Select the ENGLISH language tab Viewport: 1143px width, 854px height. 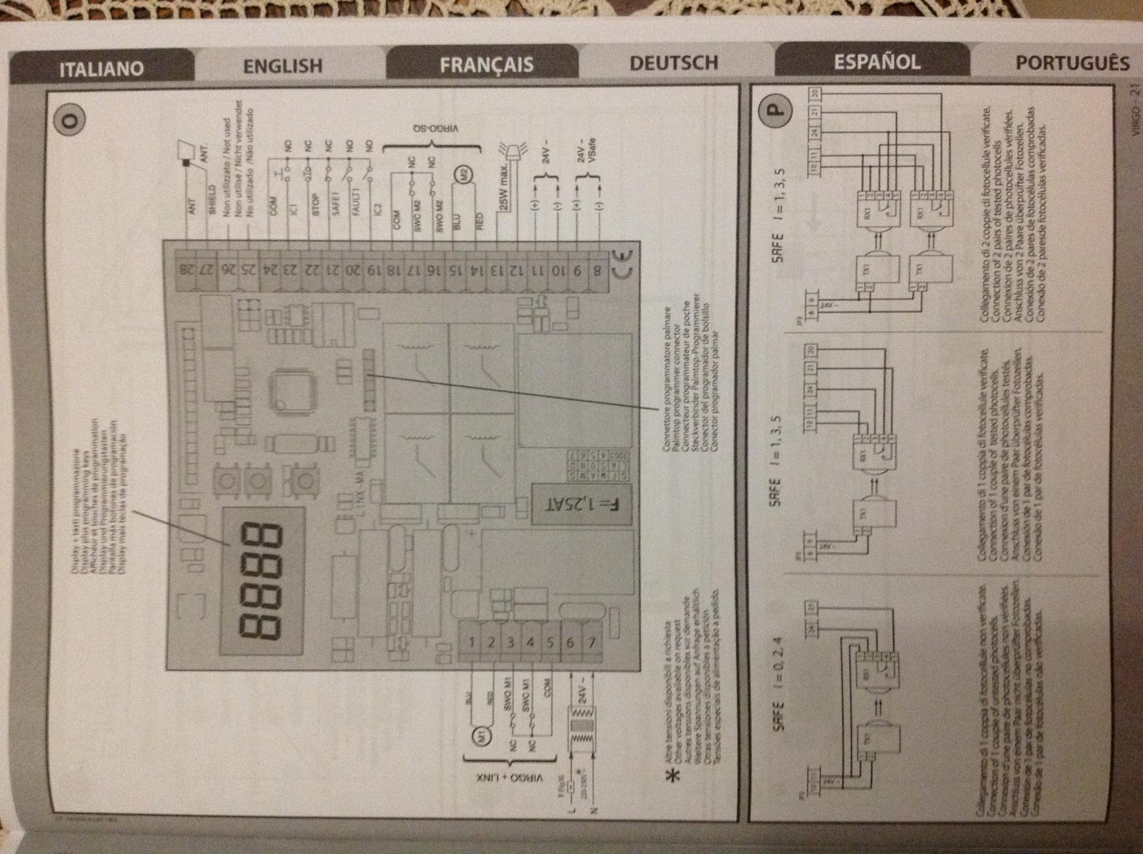[x=283, y=66]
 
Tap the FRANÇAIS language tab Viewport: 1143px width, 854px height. [x=486, y=64]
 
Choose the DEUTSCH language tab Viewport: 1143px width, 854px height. [x=674, y=62]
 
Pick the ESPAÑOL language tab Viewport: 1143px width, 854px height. [x=877, y=61]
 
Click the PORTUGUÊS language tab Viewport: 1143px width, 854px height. [x=1072, y=63]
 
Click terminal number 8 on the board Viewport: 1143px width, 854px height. [x=597, y=270]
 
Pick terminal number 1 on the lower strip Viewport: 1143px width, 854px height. [x=471, y=642]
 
